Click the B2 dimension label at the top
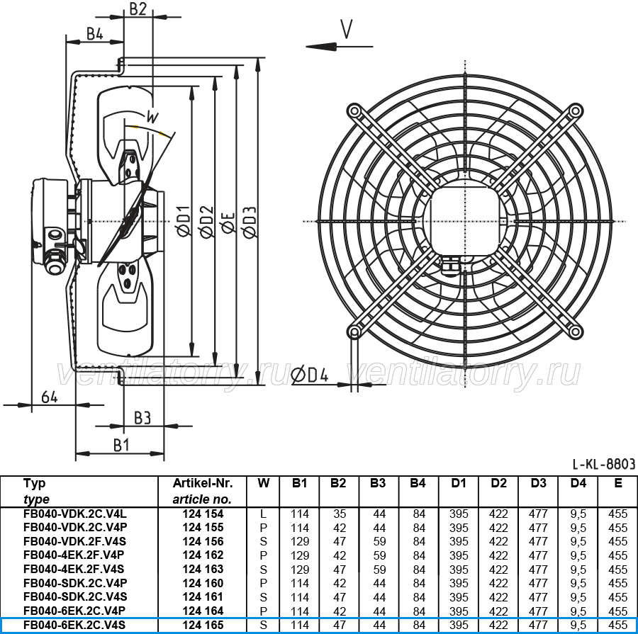coord(138,9)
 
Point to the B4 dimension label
coord(95,34)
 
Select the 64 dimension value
coord(49,397)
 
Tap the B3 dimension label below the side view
coord(142,418)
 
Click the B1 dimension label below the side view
coord(121,446)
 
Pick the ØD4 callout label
coord(310,375)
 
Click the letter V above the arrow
coord(346,29)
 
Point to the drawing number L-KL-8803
coord(604,463)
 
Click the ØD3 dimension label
coord(249,222)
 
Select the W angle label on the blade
coord(152,117)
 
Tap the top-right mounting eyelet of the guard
coord(576,111)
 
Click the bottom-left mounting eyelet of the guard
coord(354,333)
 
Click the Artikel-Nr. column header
coord(203,483)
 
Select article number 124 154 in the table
coord(203,514)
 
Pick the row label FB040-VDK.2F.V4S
coord(75,542)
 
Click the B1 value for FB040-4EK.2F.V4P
coord(300,555)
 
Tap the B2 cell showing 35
coord(340,514)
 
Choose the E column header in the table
coord(618,483)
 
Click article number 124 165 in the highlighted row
coord(203,625)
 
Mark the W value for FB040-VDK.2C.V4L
coord(263,514)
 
